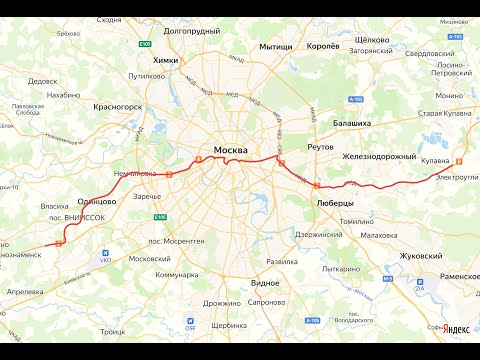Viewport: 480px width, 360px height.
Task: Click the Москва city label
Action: tap(230, 151)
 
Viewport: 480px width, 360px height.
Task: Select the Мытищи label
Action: tap(275, 47)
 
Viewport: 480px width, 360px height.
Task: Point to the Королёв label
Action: tap(323, 46)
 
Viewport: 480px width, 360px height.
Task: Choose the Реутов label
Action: tap(320, 146)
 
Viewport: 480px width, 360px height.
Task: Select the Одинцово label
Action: tap(97, 201)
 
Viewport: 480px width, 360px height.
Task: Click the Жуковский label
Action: tap(421, 256)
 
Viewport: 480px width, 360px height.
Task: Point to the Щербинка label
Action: tap(229, 326)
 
